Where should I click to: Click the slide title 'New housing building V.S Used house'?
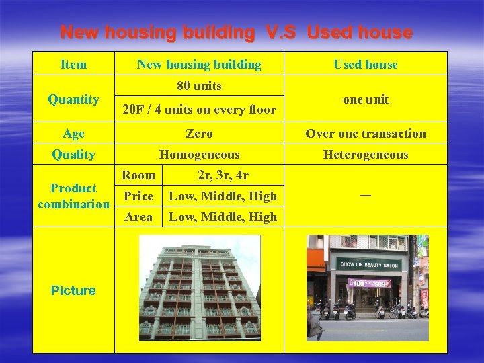point(236,32)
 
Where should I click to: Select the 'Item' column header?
point(73,65)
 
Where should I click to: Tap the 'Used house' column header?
point(366,65)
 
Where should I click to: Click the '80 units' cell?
point(199,86)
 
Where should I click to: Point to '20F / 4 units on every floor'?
point(199,109)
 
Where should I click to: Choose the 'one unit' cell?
point(366,99)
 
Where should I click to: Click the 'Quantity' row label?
point(73,99)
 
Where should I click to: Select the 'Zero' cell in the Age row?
point(199,134)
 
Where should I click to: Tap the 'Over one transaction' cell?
point(366,134)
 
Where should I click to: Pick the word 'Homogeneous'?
point(199,155)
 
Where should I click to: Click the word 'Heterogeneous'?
point(366,155)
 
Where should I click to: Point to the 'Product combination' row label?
point(73,196)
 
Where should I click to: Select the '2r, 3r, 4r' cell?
point(223,175)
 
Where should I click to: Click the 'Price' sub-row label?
point(138,196)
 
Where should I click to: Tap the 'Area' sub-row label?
point(138,217)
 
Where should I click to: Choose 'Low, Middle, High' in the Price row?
point(223,196)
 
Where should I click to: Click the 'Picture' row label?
point(73,290)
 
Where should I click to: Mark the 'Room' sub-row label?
point(138,175)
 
